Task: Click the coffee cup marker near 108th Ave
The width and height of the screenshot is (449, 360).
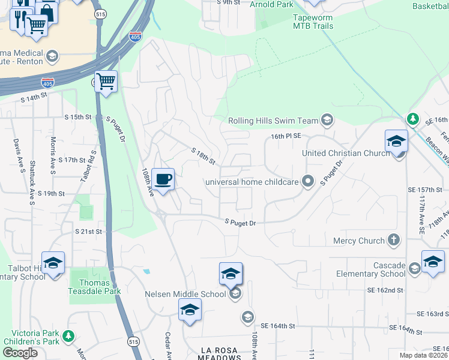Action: (163, 178)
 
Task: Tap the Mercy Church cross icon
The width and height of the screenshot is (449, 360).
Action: (394, 241)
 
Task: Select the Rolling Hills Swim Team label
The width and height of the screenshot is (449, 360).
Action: (273, 121)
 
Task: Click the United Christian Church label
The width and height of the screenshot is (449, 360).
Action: (346, 153)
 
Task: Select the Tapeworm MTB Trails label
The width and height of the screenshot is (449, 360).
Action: (313, 22)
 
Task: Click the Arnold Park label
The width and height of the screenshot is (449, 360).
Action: (271, 5)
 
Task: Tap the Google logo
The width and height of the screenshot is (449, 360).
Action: (20, 352)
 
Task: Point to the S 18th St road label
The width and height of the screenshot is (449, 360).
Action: (203, 156)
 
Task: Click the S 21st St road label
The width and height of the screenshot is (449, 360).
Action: (89, 231)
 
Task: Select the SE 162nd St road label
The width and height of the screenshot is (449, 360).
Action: (385, 290)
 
